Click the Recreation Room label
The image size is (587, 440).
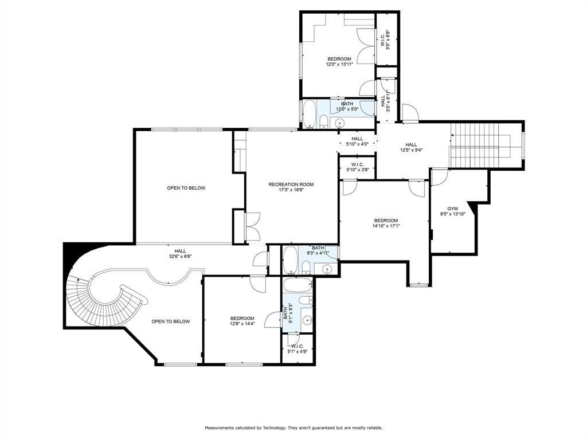point(291,187)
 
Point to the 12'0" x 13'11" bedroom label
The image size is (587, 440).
point(339,62)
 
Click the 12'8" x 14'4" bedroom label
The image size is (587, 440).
point(242,321)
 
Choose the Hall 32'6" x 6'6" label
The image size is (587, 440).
point(180,253)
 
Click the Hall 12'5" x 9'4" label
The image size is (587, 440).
point(411,148)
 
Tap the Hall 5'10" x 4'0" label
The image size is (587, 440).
point(357,141)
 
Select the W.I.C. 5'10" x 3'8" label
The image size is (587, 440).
point(357,167)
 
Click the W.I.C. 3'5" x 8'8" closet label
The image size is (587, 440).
point(386,42)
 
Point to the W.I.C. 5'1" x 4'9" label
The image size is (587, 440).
point(297,349)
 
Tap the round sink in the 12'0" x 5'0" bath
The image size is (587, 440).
point(340,122)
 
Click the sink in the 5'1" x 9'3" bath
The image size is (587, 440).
point(307,321)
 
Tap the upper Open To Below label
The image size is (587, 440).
point(186,188)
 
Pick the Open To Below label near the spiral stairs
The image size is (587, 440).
point(170,321)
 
